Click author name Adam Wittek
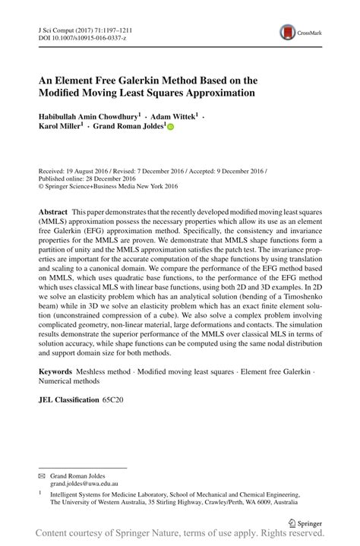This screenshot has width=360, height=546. click(174, 116)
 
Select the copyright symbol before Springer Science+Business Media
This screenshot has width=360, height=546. click(41, 186)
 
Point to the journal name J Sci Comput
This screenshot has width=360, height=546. click(58, 27)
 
